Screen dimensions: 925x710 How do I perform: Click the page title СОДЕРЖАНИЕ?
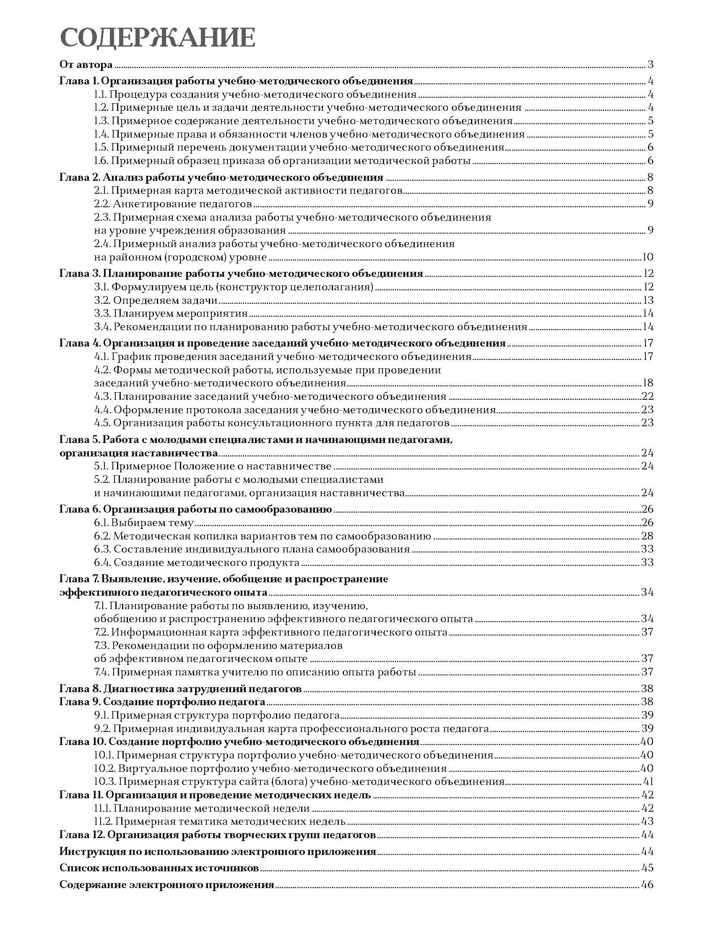[158, 39]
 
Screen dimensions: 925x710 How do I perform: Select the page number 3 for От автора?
[650, 65]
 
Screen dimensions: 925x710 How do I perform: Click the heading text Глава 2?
[79, 177]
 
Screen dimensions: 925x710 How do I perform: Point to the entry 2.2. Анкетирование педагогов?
[172, 204]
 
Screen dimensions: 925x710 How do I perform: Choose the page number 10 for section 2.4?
[647, 257]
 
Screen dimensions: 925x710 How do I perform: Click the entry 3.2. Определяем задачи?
[156, 300]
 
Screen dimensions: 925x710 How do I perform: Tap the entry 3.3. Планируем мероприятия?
[170, 313]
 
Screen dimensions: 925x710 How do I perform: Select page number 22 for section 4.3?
[647, 396]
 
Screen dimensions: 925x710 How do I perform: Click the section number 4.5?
[102, 422]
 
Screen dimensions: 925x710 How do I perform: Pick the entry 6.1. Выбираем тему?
[144, 523]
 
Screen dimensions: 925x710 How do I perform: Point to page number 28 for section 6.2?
[647, 536]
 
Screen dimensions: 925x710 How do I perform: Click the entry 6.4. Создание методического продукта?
[197, 562]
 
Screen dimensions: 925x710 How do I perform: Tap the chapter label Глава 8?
[79, 689]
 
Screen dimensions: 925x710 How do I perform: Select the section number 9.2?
[102, 728]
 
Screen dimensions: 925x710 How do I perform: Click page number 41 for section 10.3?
[648, 781]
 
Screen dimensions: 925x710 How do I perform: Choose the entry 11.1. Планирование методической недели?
[202, 808]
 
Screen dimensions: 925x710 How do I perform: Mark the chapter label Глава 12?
[81, 835]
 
